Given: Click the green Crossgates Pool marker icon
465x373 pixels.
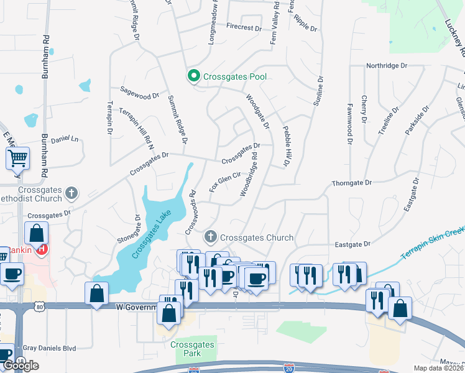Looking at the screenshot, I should tap(193, 76).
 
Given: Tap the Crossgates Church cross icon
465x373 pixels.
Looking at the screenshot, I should tap(211, 237).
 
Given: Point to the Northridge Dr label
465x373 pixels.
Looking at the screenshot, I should tap(386, 65).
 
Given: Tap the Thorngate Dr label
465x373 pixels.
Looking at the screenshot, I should tap(351, 183).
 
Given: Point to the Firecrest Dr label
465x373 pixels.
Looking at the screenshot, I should tap(244, 28).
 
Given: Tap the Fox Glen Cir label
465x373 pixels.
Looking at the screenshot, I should tap(224, 182).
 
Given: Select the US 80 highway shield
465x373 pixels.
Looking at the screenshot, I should tap(40, 306).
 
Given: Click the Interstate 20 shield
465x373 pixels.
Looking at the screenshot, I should tap(288, 369).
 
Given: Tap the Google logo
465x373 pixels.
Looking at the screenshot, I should tap(21, 366).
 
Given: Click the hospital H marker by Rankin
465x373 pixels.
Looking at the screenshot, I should tap(42, 249).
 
